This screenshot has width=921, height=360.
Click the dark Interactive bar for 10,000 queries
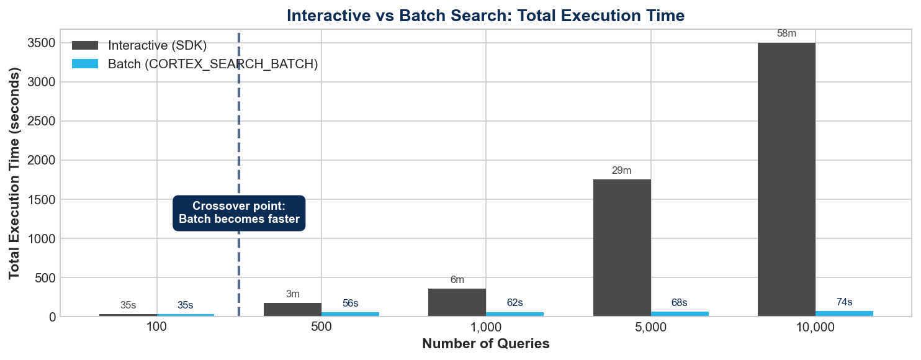786,180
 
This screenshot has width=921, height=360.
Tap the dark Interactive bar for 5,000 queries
622,248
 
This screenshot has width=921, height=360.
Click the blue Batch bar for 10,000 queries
844,313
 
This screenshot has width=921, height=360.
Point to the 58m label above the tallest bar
786,34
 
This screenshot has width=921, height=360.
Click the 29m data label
621,171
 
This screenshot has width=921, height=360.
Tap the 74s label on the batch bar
844,302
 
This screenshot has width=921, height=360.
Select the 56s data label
350,304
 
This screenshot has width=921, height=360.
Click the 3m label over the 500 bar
292,294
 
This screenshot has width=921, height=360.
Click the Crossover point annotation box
239,213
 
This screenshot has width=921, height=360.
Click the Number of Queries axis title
485,344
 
